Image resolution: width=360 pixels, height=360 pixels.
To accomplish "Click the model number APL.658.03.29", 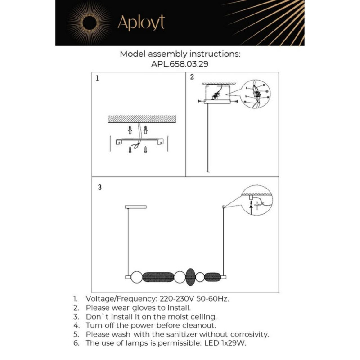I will tap(180, 64).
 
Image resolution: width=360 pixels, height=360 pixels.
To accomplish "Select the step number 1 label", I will tap(97, 78).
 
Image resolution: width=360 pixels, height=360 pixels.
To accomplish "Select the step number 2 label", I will tap(192, 77).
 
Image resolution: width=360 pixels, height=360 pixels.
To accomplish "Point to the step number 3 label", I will tap(99, 188).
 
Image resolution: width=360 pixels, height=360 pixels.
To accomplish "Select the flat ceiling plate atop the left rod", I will tap(132, 207).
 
